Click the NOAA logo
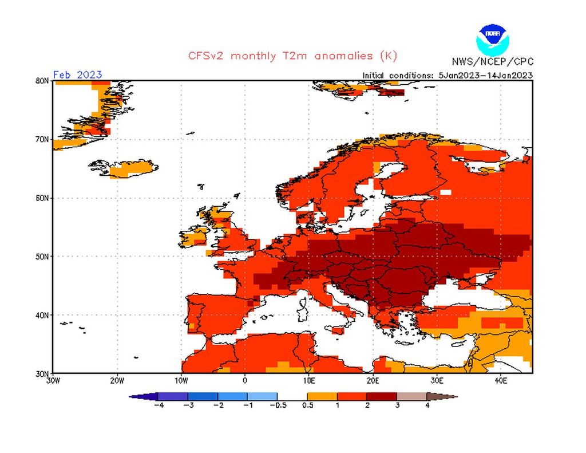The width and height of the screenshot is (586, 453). coord(492,38)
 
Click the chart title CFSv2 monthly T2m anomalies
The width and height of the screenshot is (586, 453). coord(292,56)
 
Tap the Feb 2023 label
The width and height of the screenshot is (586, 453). coord(77,74)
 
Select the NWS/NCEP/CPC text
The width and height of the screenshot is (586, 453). coord(492,62)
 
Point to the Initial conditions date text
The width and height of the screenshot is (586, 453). coord(448,75)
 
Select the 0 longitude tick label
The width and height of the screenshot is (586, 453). coord(245,380)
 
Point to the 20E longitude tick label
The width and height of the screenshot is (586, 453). coord(373,380)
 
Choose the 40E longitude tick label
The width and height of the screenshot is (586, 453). coord(500,380)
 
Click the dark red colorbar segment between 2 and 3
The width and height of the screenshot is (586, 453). coord(382,396)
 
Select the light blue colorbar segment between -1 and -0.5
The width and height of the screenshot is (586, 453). coord(262,396)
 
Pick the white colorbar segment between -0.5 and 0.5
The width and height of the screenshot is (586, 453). coord(292,396)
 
